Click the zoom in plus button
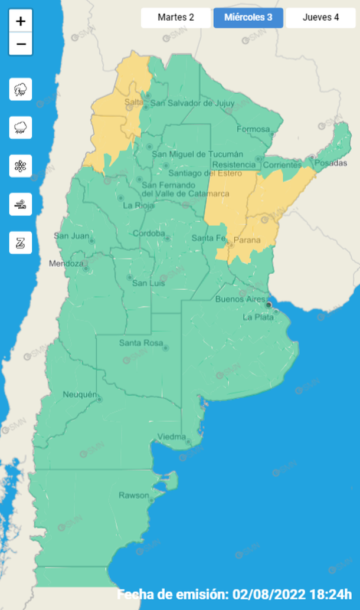coord(21,21)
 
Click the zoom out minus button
coord(21,44)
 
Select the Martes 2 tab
coord(176,17)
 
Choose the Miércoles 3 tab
coord(248,17)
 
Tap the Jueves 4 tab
coord(320,17)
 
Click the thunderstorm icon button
coord(21,90)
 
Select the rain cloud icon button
coord(21,127)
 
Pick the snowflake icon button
coord(21,166)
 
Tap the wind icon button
coord(21,204)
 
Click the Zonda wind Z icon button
coord(21,242)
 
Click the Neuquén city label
coord(79,394)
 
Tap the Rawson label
coord(134,495)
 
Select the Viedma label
coord(171,437)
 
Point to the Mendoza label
coord(66,263)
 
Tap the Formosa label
coord(253,129)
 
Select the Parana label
coord(247,240)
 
